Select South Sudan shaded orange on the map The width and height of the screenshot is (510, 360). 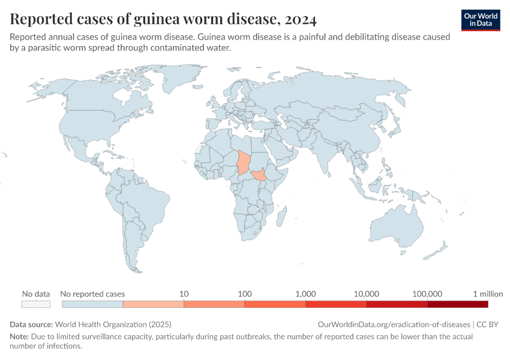(x=260, y=176)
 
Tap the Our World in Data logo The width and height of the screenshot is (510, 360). (x=480, y=19)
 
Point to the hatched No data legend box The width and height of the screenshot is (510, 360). (x=35, y=304)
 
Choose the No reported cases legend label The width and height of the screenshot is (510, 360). (x=93, y=294)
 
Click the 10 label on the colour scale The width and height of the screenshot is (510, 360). (x=184, y=294)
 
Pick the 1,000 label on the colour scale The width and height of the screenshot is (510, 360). (x=305, y=294)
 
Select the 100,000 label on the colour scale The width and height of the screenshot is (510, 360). (x=427, y=294)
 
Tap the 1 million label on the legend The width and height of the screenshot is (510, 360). (x=488, y=294)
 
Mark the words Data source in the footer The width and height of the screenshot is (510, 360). (x=31, y=324)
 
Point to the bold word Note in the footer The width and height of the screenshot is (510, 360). (x=19, y=337)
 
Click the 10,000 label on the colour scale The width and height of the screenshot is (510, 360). (x=367, y=294)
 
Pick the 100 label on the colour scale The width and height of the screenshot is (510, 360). (x=244, y=294)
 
